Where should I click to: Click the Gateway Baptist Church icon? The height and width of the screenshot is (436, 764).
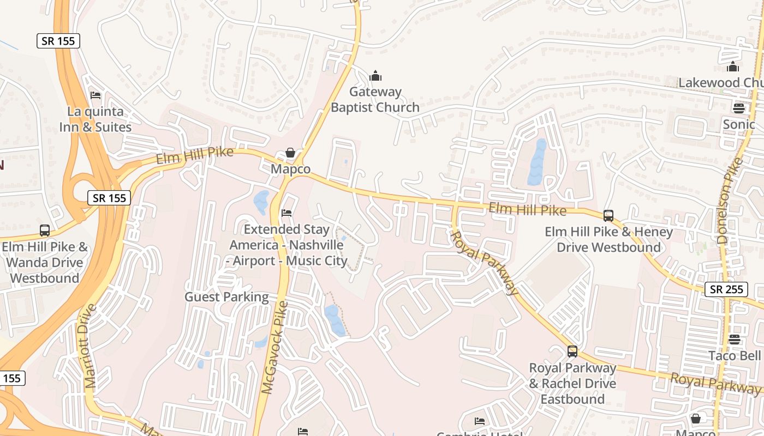pyautogui.click(x=375, y=76)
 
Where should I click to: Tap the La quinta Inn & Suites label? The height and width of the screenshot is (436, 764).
pyautogui.click(x=95, y=119)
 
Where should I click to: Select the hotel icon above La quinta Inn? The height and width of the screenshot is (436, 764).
pyautogui.click(x=95, y=95)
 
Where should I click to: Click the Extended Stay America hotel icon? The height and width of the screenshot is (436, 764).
pyautogui.click(x=286, y=213)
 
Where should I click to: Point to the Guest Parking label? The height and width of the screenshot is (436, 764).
pyautogui.click(x=226, y=297)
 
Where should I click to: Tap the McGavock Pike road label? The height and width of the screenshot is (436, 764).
pyautogui.click(x=274, y=347)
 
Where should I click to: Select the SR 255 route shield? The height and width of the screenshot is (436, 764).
pyautogui.click(x=727, y=289)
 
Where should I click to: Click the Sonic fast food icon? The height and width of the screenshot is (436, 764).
pyautogui.click(x=739, y=108)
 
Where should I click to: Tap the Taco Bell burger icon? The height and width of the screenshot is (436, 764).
pyautogui.click(x=735, y=340)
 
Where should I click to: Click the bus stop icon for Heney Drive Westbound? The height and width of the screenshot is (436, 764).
pyautogui.click(x=608, y=215)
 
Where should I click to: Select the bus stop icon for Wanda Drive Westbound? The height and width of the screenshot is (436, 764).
pyautogui.click(x=45, y=231)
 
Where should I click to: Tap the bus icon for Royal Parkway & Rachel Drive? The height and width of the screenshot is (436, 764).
pyautogui.click(x=572, y=352)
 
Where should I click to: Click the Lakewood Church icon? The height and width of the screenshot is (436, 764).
pyautogui.click(x=733, y=67)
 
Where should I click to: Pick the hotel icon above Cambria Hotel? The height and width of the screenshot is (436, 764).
pyautogui.click(x=479, y=421)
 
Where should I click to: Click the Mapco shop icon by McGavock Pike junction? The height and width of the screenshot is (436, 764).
pyautogui.click(x=290, y=153)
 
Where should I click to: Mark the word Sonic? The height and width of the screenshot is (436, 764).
pyautogui.click(x=739, y=124)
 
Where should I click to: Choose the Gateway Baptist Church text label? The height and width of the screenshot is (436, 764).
pyautogui.click(x=375, y=100)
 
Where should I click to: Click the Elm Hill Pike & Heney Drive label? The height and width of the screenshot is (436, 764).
pyautogui.click(x=608, y=240)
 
